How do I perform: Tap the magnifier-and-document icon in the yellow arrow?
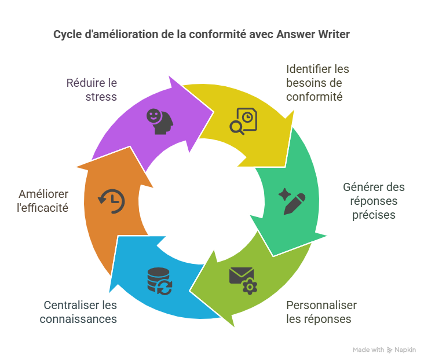click(x=243, y=121)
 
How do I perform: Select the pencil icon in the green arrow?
click(x=291, y=200)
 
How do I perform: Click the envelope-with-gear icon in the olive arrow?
click(x=243, y=280)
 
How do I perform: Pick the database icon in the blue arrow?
click(x=160, y=280)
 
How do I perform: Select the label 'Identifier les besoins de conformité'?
click(x=317, y=83)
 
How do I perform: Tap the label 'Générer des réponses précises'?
click(x=374, y=201)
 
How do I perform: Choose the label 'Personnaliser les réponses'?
click(x=321, y=312)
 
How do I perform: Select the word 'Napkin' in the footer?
click(x=405, y=350)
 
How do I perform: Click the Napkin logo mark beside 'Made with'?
click(x=390, y=350)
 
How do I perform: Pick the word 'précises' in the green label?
click(x=377, y=215)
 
